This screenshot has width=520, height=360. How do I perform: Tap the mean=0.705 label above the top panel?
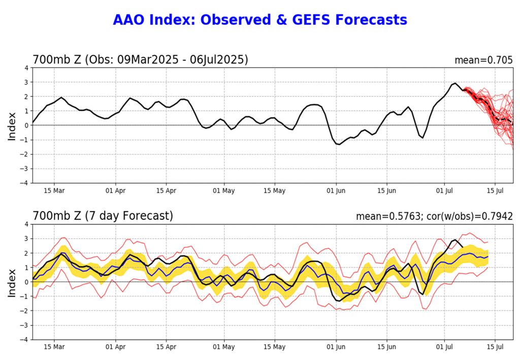pyautogui.click(x=483, y=60)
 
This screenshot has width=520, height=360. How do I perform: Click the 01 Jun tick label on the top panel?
pyautogui.click(x=335, y=191)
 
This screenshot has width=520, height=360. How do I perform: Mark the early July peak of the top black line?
pyautogui.click(x=455, y=83)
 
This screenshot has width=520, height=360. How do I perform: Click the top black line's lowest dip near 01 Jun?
pyautogui.click(x=338, y=144)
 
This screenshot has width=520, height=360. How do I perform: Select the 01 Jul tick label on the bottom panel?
pyautogui.click(x=445, y=347)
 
